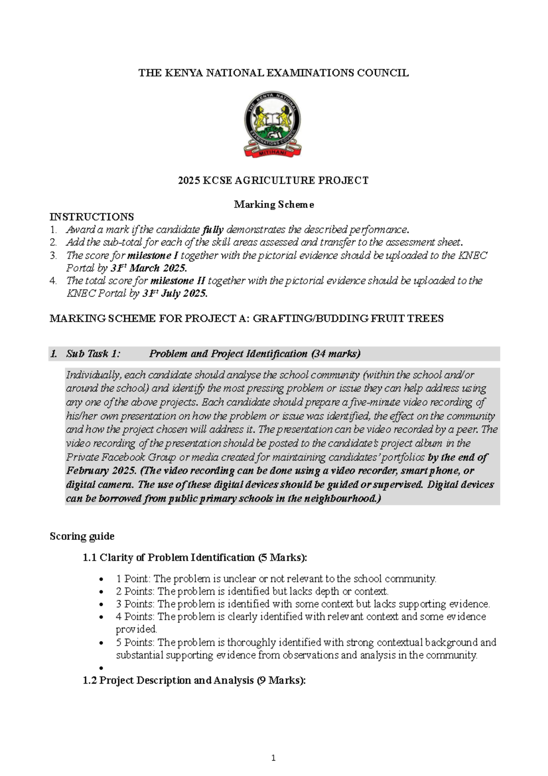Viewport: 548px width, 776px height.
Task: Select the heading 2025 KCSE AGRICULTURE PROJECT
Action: (x=273, y=181)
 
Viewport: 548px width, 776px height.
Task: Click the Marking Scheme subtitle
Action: (x=274, y=205)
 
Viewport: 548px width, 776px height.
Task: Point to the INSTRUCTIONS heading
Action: (x=92, y=217)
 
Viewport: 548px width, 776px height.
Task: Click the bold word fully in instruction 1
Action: (x=213, y=229)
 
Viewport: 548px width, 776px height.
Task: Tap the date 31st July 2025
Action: (x=175, y=293)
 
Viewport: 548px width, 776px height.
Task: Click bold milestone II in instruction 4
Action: (x=178, y=281)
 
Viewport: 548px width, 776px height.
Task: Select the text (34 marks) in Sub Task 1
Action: (x=336, y=354)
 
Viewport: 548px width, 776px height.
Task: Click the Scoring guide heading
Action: (x=82, y=536)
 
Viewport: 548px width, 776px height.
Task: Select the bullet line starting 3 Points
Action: (x=302, y=604)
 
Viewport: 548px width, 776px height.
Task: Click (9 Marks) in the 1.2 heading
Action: (x=281, y=680)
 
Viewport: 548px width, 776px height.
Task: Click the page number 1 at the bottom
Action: (x=273, y=758)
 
